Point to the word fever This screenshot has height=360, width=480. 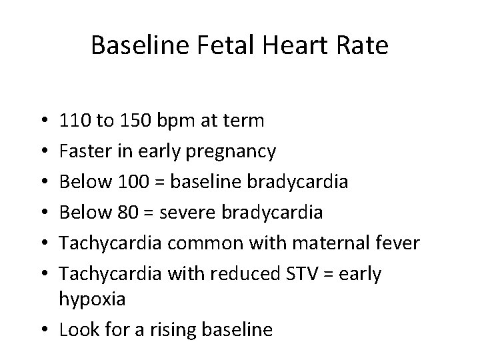(397, 243)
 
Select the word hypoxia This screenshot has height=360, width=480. (92, 301)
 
